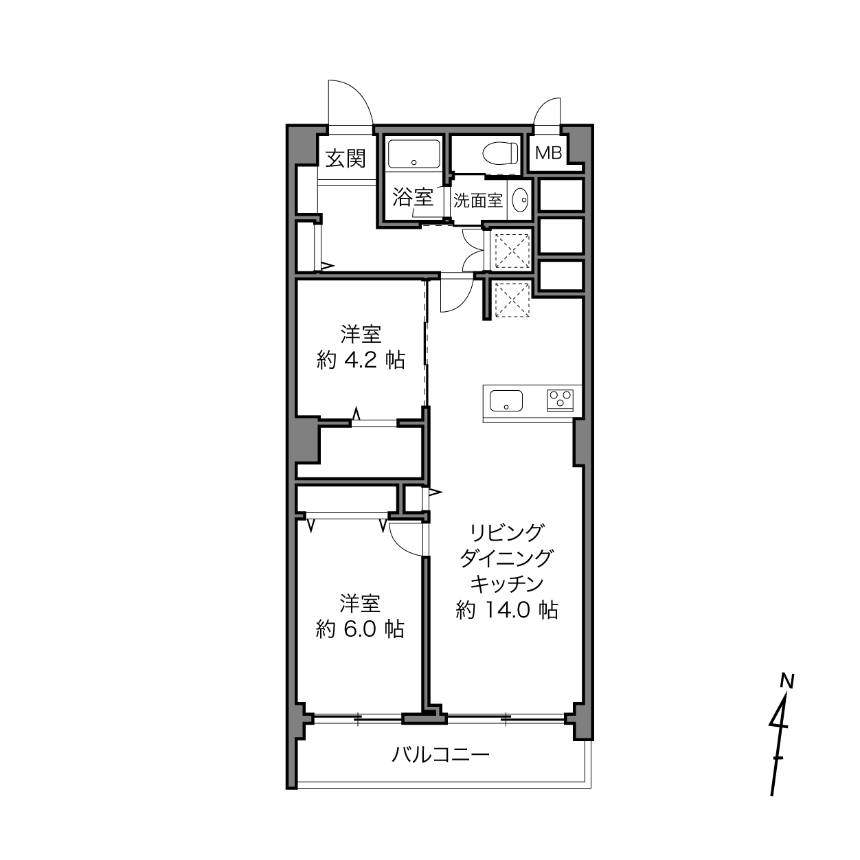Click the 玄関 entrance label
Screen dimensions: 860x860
(x=346, y=159)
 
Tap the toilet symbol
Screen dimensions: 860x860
(x=500, y=153)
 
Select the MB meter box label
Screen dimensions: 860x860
(x=548, y=153)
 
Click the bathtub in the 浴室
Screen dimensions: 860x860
(x=414, y=154)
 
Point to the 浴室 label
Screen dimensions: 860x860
(x=413, y=197)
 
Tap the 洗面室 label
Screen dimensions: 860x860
(x=478, y=201)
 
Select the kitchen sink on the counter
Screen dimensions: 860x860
(x=506, y=400)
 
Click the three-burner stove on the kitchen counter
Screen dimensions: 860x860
(x=560, y=400)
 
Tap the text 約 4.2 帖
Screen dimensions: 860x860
(x=361, y=360)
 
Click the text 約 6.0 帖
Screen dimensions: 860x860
(x=360, y=629)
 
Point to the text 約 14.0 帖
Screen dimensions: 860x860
(x=507, y=610)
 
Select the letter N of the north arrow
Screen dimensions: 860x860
(x=787, y=681)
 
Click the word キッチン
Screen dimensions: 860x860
(x=507, y=584)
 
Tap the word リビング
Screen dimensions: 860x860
(x=507, y=532)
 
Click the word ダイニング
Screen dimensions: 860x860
(x=507, y=558)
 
